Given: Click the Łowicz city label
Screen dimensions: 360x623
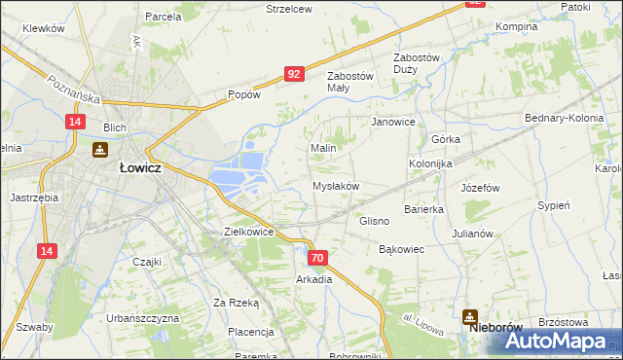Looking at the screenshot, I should (139, 167).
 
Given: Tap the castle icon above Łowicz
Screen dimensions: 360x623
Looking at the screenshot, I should (99, 150).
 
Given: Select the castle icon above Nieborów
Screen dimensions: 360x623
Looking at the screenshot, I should (471, 315).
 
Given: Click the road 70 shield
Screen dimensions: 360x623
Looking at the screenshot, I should (317, 258).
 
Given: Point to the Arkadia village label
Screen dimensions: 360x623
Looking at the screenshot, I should (314, 279).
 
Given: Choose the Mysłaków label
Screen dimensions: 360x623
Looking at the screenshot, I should (336, 186).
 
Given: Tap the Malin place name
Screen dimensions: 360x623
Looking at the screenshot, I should (323, 148).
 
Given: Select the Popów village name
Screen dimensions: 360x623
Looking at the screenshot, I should (243, 95).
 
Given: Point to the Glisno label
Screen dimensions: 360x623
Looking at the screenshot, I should (374, 221).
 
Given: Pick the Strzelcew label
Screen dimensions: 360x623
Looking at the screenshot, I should (289, 9).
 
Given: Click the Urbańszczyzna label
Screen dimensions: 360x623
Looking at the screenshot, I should (143, 318).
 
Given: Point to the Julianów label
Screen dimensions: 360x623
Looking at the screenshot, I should (474, 234).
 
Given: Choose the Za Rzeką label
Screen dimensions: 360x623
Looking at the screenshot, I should (237, 303).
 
